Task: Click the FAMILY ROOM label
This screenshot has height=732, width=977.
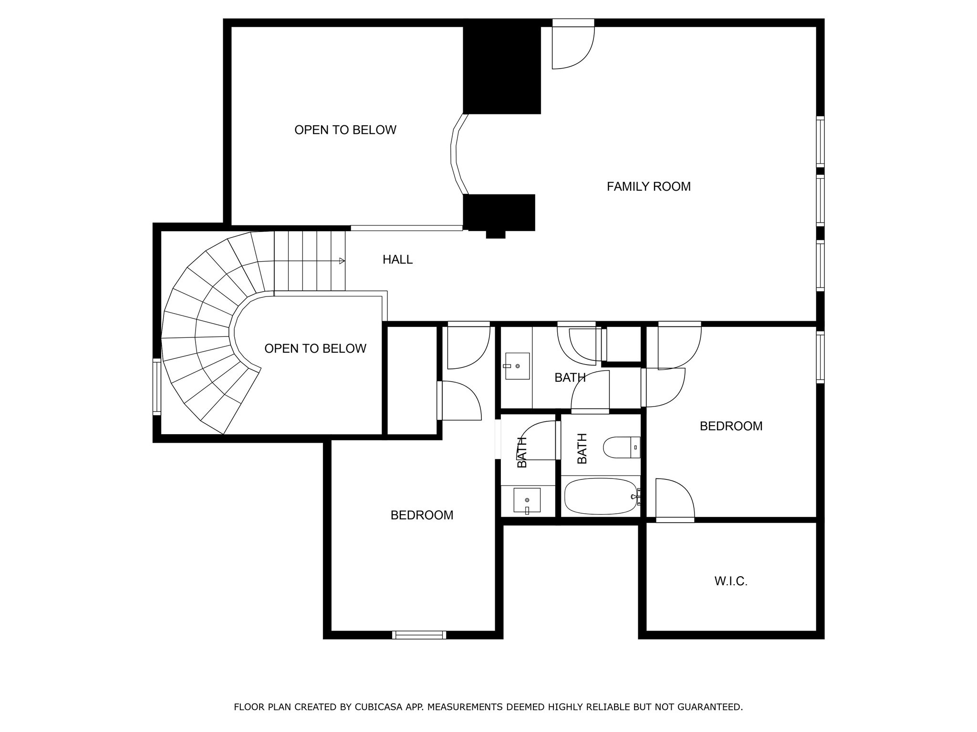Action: click(648, 187)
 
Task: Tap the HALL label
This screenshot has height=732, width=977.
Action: click(397, 260)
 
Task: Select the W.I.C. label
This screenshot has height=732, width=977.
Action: click(730, 581)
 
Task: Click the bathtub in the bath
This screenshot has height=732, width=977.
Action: click(601, 497)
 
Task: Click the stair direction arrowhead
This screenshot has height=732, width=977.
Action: click(342, 261)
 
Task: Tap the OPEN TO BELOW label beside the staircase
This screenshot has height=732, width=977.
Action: click(315, 349)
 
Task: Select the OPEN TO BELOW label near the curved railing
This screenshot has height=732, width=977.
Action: click(345, 130)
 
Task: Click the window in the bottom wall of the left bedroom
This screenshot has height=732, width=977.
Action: click(419, 635)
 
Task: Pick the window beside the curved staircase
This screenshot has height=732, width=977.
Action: click(156, 386)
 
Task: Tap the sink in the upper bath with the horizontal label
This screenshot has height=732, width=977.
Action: click(517, 366)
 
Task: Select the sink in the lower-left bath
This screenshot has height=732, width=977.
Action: click(527, 500)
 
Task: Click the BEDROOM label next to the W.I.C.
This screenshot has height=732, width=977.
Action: click(731, 426)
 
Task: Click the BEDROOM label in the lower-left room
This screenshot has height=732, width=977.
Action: click(422, 515)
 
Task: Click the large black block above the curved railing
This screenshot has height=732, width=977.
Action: click(502, 69)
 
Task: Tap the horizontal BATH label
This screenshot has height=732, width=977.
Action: click(570, 378)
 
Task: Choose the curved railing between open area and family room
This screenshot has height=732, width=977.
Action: click(455, 155)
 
